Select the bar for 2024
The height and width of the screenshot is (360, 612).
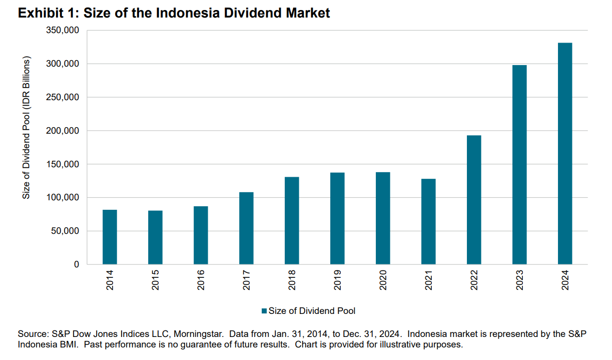(x=565, y=154)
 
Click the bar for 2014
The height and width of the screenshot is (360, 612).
(x=110, y=237)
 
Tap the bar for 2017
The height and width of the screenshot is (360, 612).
(x=246, y=228)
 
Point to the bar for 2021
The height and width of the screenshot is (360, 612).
(x=428, y=221)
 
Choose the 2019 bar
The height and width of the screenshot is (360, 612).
(x=337, y=218)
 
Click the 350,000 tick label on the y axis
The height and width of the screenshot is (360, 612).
(x=63, y=31)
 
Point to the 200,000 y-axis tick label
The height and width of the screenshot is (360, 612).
(x=63, y=131)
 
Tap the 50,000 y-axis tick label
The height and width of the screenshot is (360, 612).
(x=65, y=231)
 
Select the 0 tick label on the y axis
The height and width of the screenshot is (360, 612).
(x=77, y=264)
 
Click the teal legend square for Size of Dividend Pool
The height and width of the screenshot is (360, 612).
(x=264, y=311)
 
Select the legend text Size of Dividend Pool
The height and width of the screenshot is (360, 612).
(x=312, y=311)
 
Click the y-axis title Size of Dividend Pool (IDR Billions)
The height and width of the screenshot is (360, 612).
(x=27, y=127)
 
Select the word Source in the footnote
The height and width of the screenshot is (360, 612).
(x=32, y=333)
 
